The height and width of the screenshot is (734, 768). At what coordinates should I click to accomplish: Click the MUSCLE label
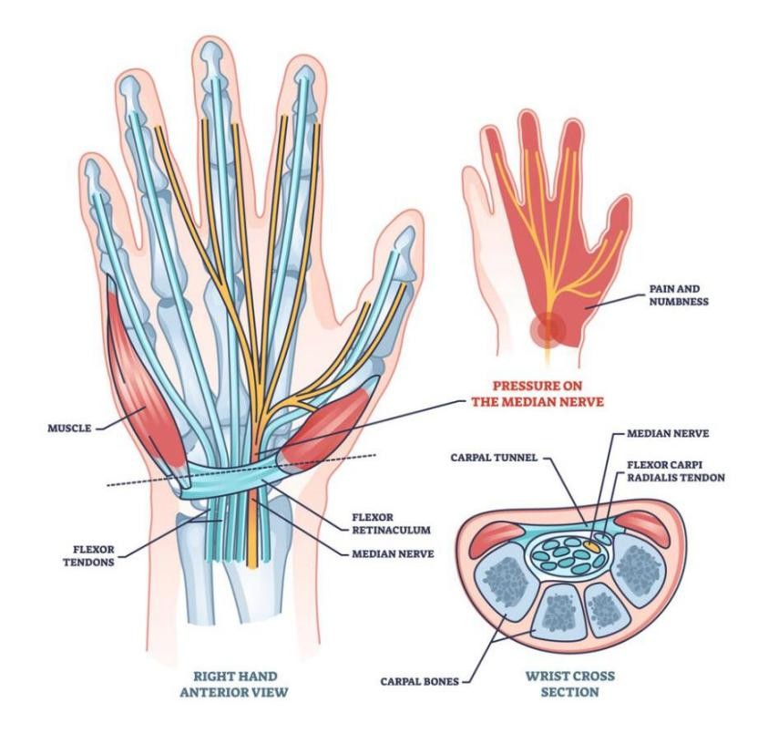point(69,425)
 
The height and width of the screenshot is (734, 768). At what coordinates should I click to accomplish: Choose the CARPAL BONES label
point(420,680)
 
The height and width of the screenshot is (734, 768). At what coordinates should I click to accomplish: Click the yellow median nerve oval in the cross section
point(593,543)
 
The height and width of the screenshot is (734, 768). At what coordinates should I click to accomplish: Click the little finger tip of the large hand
point(96,173)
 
